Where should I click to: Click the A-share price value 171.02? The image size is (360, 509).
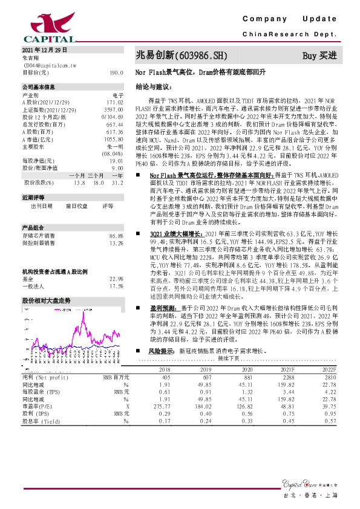pyautogui.click(x=114, y=103)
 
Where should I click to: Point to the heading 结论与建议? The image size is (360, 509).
pyautogui.click(x=151, y=86)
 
